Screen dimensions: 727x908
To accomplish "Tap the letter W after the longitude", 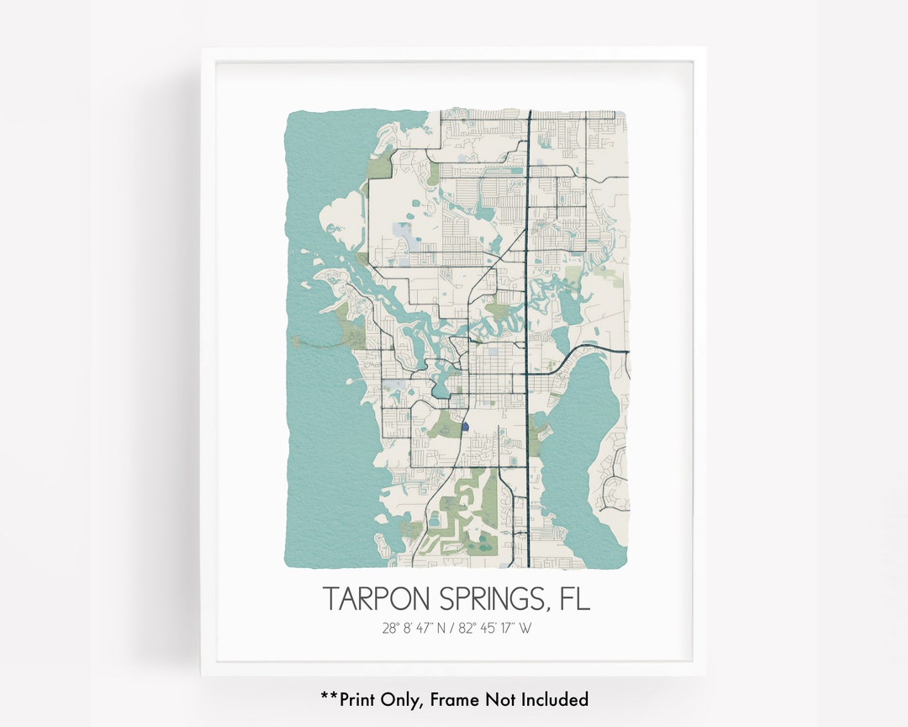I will pyautogui.click(x=525, y=628).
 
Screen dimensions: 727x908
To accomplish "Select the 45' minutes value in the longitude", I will pyautogui.click(x=486, y=628).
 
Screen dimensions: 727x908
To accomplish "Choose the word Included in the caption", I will pyautogui.click(x=554, y=699).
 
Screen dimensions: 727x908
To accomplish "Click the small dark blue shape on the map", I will pyautogui.click(x=464, y=427).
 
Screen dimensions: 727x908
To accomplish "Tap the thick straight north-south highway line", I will pyautogui.click(x=528, y=252).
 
